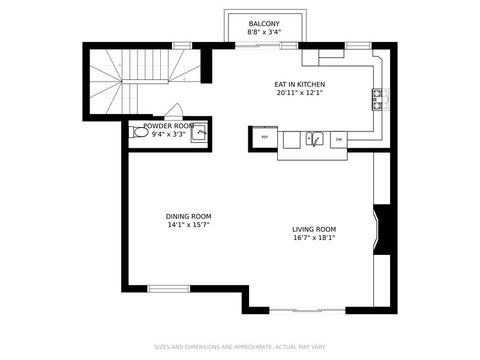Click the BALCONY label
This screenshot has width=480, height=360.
264,22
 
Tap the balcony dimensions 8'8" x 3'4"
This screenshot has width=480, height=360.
264,32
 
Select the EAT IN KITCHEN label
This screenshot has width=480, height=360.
300,84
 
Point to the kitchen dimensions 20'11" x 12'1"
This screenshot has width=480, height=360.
300,94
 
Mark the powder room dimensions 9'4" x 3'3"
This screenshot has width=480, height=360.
168,134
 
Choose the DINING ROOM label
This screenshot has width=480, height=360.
188,216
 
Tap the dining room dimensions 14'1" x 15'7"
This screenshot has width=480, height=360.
188,225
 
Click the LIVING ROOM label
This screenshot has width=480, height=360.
313,229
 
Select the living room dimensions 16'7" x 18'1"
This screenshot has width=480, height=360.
313,238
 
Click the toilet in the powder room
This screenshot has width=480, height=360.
140,132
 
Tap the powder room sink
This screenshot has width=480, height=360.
200,131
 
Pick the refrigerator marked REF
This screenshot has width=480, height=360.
265,137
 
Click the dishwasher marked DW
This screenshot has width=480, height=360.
338,138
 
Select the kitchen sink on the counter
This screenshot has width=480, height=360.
314,139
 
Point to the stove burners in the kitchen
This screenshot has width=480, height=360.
379,99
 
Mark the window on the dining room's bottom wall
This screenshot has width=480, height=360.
168,289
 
